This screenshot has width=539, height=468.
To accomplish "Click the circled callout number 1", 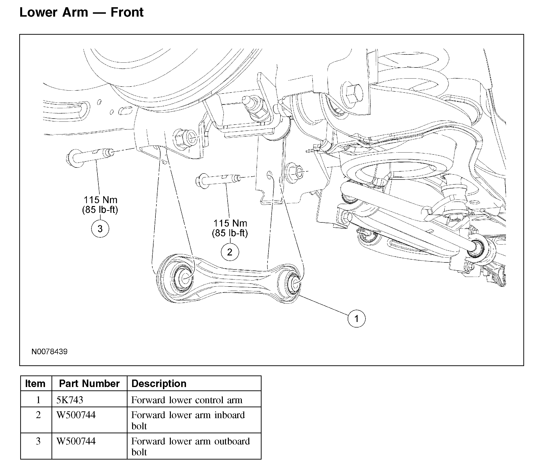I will tap(356, 319).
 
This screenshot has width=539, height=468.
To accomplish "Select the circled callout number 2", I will tap(230, 252).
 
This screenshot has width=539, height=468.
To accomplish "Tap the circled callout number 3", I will tap(100, 229).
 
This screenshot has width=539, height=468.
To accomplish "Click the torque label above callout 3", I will tap(100, 205).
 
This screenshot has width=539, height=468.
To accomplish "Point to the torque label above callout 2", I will tap(230, 228).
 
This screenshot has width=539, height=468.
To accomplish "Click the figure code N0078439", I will tap(49, 352).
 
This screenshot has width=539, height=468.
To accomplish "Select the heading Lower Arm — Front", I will tap(81, 12).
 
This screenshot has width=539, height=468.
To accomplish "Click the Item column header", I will tap(35, 384).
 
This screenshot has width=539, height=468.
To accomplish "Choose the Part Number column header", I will tap(89, 384).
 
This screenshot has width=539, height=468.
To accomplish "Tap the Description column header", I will tap(159, 384).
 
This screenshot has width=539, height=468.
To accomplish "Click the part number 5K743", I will tap(70, 400).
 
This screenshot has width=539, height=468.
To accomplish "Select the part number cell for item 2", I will tap(76, 415).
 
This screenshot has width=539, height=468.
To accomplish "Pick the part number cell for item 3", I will tap(76, 441).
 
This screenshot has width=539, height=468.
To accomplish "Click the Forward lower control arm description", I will tap(187, 400).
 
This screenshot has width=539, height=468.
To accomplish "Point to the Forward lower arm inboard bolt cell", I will tap(188, 420).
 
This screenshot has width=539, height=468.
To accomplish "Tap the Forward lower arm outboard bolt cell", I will tap(190, 447).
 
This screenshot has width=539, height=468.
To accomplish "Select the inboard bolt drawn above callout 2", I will tap(218, 180).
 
